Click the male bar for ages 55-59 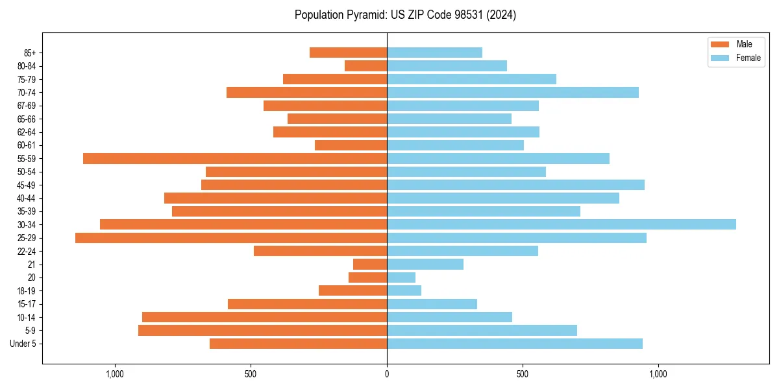coord(235,158)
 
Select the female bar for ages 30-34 coord(562,224)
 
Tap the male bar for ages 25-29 coord(231,238)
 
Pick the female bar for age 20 coord(401,277)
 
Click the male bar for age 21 coord(370,265)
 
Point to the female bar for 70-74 coord(513,92)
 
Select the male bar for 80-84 coord(366,65)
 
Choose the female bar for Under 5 coord(515,344)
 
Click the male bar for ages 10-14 coord(265,317)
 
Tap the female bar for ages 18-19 coord(404,290)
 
